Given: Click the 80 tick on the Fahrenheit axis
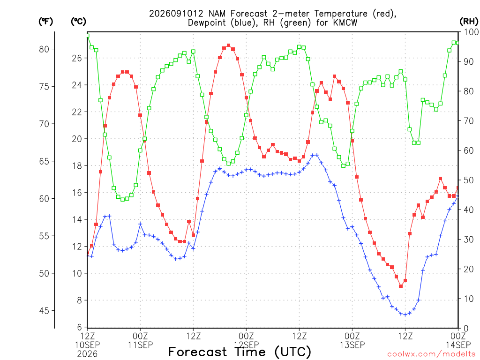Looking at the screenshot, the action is click(x=44, y=49).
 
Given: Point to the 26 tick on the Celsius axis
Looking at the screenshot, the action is click(x=77, y=58).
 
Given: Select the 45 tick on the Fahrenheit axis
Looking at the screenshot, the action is click(x=44, y=311).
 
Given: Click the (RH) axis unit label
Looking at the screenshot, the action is click(x=469, y=21).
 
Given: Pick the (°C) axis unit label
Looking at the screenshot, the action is click(x=78, y=21).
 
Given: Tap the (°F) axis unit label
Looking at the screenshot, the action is click(x=45, y=21).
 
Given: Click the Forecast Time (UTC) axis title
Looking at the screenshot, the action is click(x=240, y=352).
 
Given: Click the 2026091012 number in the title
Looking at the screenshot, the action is click(x=176, y=14).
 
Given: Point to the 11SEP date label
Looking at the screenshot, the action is click(x=140, y=345).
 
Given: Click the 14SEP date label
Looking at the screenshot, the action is click(x=458, y=345).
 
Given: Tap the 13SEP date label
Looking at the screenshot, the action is click(x=352, y=345).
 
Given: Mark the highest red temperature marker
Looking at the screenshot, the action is click(x=228, y=45).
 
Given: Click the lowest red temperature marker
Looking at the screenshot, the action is click(x=401, y=286).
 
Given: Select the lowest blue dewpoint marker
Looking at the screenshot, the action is click(x=405, y=315).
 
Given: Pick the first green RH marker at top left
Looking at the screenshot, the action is click(x=88, y=36).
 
